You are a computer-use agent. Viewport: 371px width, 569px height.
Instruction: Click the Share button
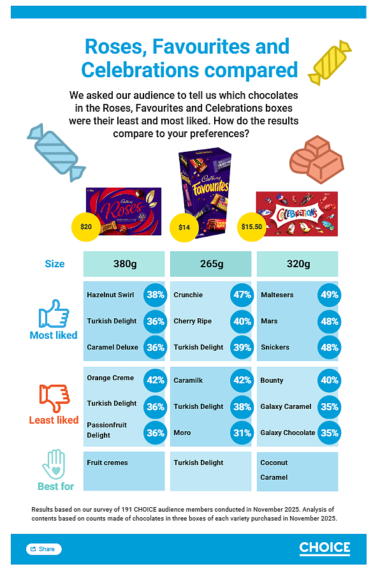[44, 549]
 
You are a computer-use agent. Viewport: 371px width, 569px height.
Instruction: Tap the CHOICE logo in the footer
[324, 549]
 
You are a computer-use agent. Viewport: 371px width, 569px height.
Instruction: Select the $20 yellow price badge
[86, 227]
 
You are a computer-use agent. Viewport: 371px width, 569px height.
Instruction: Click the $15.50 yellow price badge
[252, 227]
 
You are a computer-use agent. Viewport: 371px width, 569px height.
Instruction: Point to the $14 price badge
[184, 228]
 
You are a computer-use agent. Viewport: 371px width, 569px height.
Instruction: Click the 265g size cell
[211, 264]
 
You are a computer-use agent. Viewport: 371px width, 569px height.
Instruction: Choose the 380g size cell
[124, 264]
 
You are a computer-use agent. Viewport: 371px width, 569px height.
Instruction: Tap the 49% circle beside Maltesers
[330, 295]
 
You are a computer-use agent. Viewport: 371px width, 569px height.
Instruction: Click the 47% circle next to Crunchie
[242, 295]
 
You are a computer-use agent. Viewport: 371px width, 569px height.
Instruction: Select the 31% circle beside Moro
[242, 433]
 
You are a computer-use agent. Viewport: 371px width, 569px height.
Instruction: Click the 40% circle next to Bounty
[330, 380]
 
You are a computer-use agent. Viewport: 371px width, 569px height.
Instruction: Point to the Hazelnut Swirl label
[110, 295]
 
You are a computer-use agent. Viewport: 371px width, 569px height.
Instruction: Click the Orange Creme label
[110, 378]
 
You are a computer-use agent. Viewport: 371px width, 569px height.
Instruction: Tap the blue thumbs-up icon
[54, 314]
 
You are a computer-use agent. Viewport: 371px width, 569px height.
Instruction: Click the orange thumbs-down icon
[54, 398]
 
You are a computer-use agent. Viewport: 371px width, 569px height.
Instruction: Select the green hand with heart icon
[54, 464]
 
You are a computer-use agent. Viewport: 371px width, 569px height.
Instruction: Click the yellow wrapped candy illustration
[330, 63]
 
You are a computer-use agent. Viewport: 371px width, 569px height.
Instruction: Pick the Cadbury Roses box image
[124, 211]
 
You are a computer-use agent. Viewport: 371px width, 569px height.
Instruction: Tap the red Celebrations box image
[297, 214]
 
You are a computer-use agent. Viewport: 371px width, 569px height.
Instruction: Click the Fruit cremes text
[107, 462]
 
